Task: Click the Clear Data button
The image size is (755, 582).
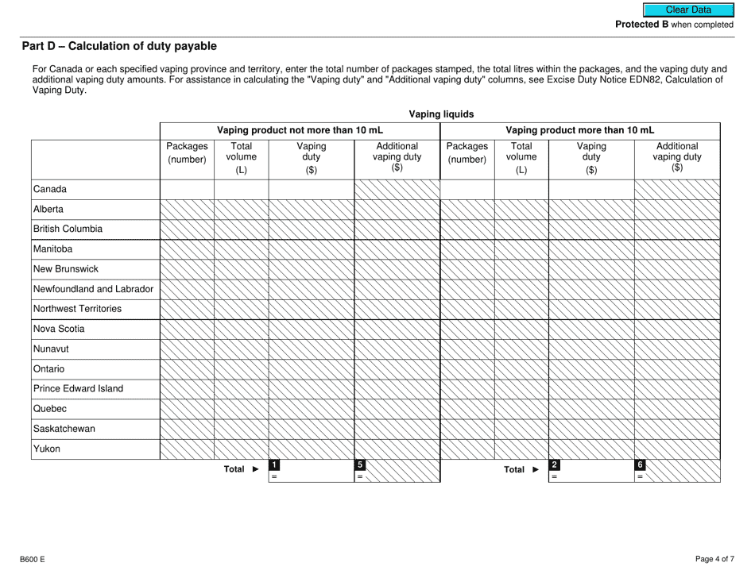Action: [x=688, y=10]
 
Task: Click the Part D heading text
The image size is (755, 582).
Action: [x=118, y=47]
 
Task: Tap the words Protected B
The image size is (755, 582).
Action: [x=641, y=25]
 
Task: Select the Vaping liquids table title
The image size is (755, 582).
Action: [x=439, y=114]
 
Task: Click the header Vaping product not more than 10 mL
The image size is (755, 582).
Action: [x=300, y=130]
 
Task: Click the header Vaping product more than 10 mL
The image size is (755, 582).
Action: [x=579, y=130]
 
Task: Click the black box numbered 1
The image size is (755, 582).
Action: [x=275, y=464]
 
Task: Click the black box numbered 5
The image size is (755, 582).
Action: [x=360, y=464]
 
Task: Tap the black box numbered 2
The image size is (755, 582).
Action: [x=556, y=464]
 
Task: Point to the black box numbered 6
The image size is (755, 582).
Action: [x=641, y=464]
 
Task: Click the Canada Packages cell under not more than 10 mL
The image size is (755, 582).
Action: [x=187, y=190]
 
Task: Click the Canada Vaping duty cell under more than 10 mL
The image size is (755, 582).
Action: [x=590, y=190]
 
